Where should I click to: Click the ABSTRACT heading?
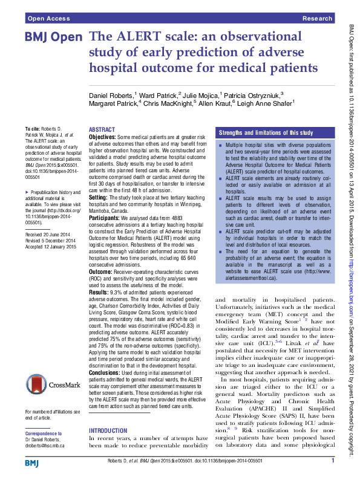click(102, 129)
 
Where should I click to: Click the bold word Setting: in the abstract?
click(99, 197)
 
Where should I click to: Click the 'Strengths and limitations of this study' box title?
click(266, 132)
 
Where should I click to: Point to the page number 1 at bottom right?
click(333, 461)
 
